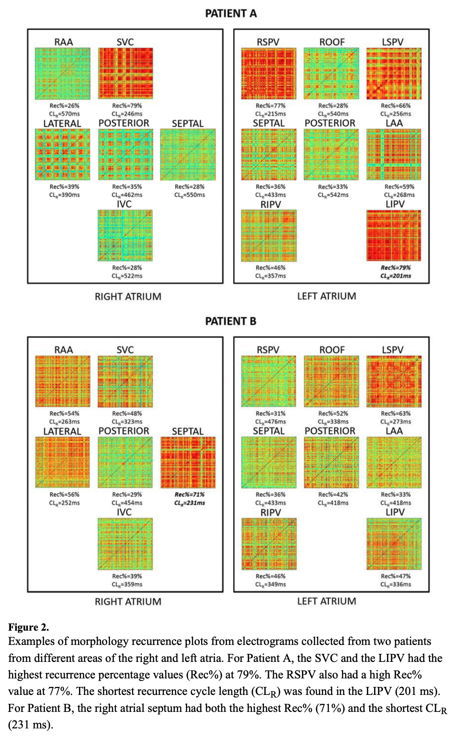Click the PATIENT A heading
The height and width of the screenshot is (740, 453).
pyautogui.click(x=231, y=13)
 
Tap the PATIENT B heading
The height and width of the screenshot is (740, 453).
pyautogui.click(x=231, y=321)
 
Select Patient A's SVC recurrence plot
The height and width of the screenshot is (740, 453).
pyautogui.click(x=125, y=74)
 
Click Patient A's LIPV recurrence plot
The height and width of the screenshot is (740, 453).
pyautogui.click(x=394, y=236)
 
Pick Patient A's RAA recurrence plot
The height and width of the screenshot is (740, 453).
pyautogui.click(x=63, y=74)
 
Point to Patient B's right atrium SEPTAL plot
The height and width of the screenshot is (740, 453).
pyautogui.click(x=188, y=462)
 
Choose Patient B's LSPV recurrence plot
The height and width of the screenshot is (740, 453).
pyautogui.click(x=394, y=382)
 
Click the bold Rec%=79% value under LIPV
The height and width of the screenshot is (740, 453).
pyautogui.click(x=395, y=268)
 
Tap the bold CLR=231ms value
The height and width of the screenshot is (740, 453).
pyautogui.click(x=189, y=503)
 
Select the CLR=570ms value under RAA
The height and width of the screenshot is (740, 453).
pyautogui.click(x=65, y=114)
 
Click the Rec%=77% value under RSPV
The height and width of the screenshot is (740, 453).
pyautogui.click(x=271, y=106)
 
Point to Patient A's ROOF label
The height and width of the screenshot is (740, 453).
pyautogui.click(x=332, y=42)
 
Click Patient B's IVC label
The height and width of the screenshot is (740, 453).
pyautogui.click(x=124, y=512)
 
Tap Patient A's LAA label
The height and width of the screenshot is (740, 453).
pyautogui.click(x=394, y=123)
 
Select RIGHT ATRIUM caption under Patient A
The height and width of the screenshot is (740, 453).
pyautogui.click(x=128, y=296)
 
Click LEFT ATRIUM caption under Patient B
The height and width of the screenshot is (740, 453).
pyautogui.click(x=327, y=601)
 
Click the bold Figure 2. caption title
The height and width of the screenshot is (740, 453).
pyautogui.click(x=29, y=627)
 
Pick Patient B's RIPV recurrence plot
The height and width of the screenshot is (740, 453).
pyautogui.click(x=269, y=544)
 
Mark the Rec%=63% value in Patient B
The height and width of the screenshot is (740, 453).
pyautogui.click(x=395, y=414)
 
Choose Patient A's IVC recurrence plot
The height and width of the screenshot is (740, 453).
pyautogui.click(x=125, y=236)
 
